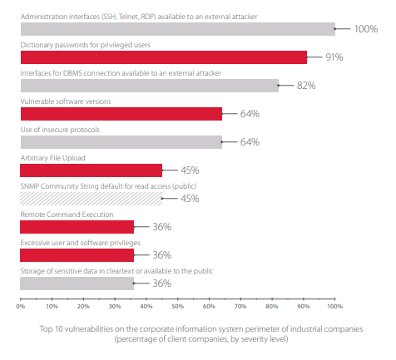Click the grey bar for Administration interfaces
(178, 29)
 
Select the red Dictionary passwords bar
(164, 57)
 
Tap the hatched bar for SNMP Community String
(91, 199)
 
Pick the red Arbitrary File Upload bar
(91, 170)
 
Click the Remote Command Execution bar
(77, 227)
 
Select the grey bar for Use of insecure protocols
(121, 142)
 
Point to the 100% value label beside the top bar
(366, 29)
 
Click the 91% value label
(334, 57)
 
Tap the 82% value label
(306, 86)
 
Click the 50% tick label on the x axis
(177, 306)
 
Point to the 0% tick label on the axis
(21, 306)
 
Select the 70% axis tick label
(240, 306)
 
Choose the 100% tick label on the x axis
(335, 306)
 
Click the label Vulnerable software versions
(66, 101)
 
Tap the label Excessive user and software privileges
(81, 243)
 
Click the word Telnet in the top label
(129, 17)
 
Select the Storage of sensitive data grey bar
(77, 284)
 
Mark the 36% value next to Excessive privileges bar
(162, 255)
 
